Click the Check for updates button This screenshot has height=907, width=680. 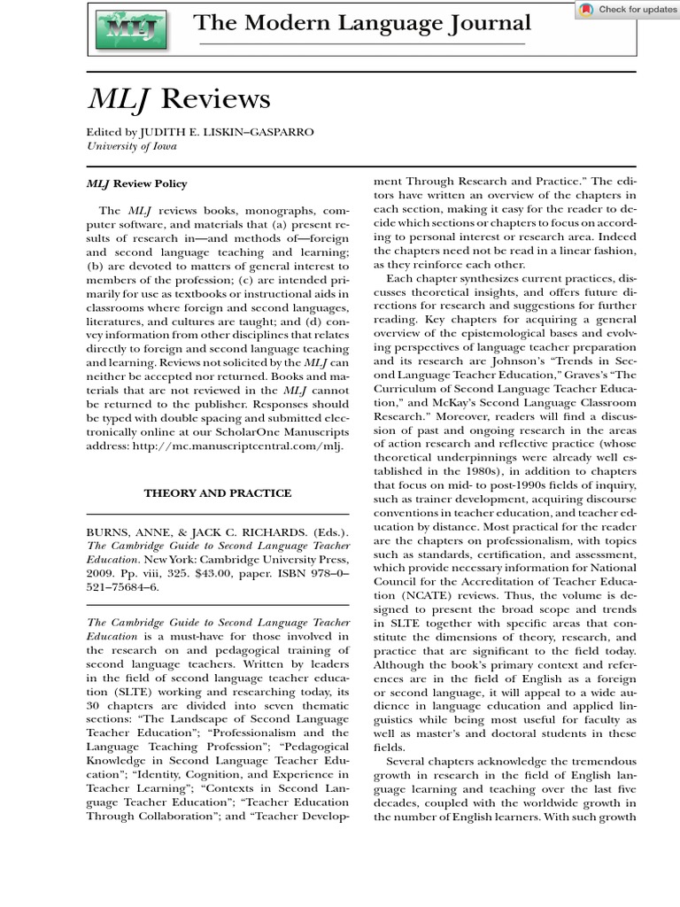click(x=628, y=10)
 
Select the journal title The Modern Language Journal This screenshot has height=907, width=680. click(x=362, y=23)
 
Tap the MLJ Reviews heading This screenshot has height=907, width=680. click(x=178, y=99)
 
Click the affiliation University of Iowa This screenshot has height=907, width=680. click(x=131, y=146)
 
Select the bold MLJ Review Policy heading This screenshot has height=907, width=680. click(x=136, y=184)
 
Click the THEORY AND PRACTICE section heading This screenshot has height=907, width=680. click(x=217, y=492)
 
